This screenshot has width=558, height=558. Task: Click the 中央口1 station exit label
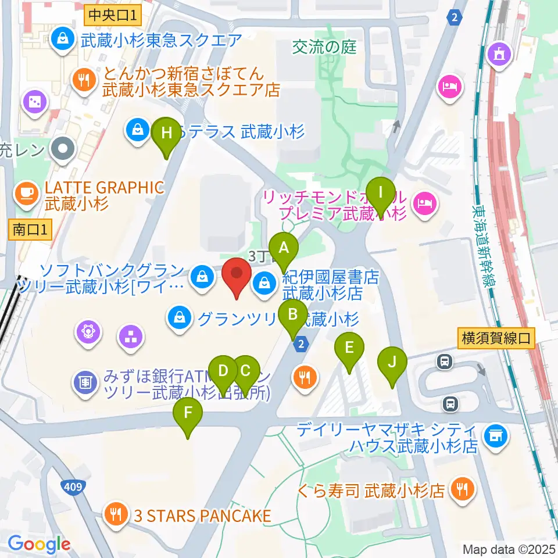pyautogui.click(x=113, y=15)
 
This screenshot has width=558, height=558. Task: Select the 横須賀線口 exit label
pyautogui.click(x=496, y=339)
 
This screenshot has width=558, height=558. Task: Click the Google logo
pyautogui.click(x=39, y=544)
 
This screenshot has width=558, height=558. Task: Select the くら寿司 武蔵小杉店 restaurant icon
pyautogui.click(x=463, y=491)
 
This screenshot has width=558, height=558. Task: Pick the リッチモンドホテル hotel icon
pyautogui.click(x=424, y=203)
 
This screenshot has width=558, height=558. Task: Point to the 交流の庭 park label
pyautogui.click(x=324, y=48)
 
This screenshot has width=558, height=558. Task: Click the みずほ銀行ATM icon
pyautogui.click(x=85, y=382)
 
